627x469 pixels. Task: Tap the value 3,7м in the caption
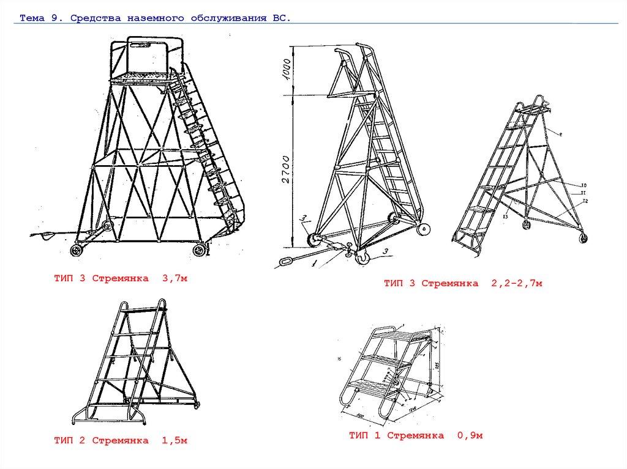coord(174,279)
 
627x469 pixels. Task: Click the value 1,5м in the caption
coord(174,440)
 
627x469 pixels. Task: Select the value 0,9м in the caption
coord(470,436)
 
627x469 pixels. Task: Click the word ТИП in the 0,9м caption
coord(359,436)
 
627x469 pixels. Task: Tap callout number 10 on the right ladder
coord(584,185)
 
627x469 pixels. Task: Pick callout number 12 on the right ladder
coord(585,201)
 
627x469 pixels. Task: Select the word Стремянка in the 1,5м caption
coord(120,440)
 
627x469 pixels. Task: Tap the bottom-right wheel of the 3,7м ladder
coord(200,249)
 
